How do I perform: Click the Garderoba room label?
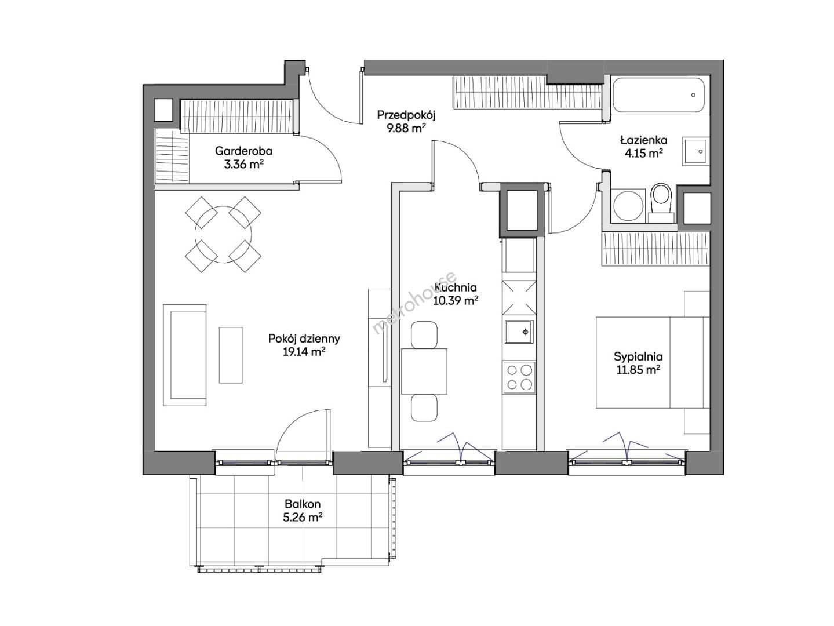[x=243, y=151]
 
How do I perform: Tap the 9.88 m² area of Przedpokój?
[x=406, y=129]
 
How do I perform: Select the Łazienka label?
[x=644, y=140]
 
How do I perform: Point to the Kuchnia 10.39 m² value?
[x=456, y=301]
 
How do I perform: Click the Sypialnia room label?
[x=638, y=356]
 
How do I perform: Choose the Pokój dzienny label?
[x=304, y=339]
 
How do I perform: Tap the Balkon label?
[x=303, y=504]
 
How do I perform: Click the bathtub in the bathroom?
[x=658, y=94]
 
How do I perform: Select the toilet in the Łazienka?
[x=661, y=202]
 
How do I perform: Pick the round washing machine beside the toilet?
[x=628, y=205]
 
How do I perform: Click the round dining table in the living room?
[x=223, y=234]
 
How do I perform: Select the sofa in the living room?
[x=185, y=355]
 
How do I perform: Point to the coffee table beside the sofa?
[x=231, y=355]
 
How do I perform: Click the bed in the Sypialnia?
[x=653, y=363]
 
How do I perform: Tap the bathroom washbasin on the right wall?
[x=695, y=151]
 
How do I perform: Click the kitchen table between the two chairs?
[x=424, y=371]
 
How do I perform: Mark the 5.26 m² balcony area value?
[x=303, y=518]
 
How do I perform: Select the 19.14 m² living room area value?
[x=304, y=352]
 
